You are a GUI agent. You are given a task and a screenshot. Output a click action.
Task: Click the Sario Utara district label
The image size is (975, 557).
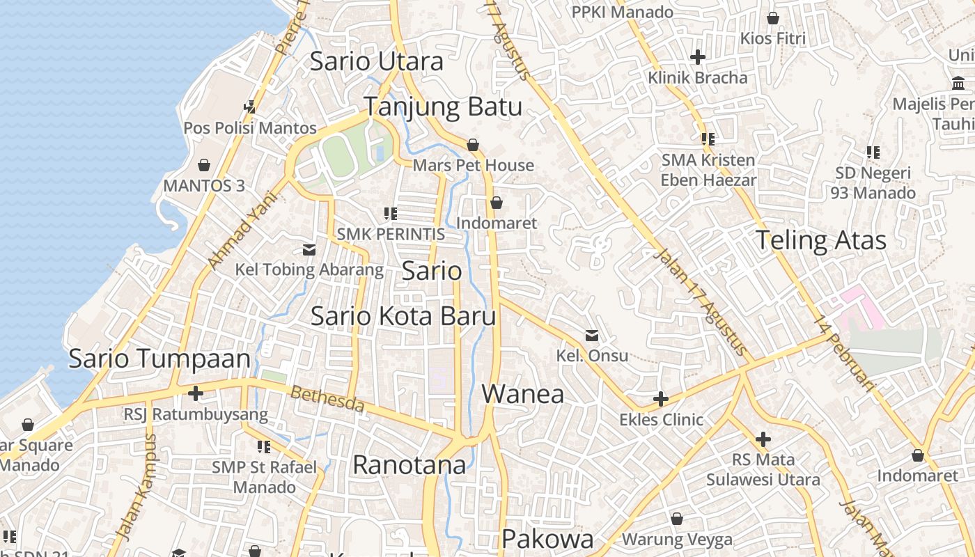(x=376, y=61)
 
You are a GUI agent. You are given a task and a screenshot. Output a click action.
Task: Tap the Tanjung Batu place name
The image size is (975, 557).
(x=443, y=107)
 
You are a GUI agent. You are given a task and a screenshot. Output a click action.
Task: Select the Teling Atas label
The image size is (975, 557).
(x=820, y=240)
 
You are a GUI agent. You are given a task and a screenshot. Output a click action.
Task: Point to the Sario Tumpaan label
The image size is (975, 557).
(x=159, y=359)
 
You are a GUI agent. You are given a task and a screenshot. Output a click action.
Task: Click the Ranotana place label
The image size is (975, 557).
(x=409, y=464)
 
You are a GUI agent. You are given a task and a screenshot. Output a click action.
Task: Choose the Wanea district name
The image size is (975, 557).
(x=522, y=394)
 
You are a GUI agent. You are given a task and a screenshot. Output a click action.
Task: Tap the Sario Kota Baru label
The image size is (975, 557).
(x=403, y=316)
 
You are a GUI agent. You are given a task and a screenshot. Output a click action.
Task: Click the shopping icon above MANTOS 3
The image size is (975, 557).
(x=204, y=165)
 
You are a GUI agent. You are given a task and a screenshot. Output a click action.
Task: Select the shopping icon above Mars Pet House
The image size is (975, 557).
(x=473, y=145)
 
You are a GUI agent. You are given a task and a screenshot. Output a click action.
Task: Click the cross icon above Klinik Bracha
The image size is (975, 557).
(x=697, y=57)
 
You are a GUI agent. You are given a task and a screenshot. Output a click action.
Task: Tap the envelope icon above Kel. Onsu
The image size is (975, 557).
(x=592, y=336)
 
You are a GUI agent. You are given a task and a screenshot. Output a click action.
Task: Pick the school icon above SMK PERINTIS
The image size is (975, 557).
(x=391, y=213)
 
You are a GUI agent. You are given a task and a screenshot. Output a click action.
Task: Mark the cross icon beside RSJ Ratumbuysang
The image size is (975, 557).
(x=196, y=393)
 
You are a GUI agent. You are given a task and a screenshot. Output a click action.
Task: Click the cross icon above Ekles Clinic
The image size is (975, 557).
(x=661, y=399)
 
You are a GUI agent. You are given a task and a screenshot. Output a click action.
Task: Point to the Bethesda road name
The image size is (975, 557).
(x=327, y=399)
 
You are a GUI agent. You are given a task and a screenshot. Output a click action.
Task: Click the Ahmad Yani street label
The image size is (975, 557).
(x=242, y=230)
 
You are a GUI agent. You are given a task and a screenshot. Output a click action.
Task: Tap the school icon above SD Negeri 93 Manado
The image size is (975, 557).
(x=873, y=152)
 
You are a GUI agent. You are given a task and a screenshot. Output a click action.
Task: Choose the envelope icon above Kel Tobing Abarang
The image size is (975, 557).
(x=309, y=249)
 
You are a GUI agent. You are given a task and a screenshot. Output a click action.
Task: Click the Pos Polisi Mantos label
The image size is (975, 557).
(x=250, y=128)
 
